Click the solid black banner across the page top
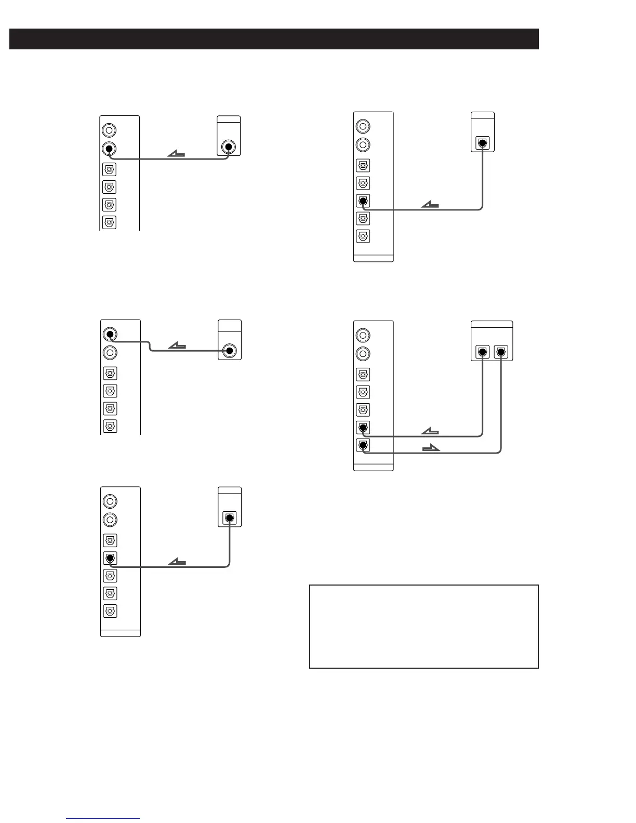coord(274,39)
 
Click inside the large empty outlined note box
coord(423,626)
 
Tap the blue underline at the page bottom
coord(103,818)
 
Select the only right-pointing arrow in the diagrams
coord(431,448)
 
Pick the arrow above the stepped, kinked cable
coord(178,346)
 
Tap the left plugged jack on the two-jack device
coord(483,352)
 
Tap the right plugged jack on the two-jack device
coord(501,352)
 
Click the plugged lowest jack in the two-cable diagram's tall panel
coord(363,445)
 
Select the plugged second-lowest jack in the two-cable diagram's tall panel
coord(363,428)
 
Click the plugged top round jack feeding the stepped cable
coord(109,334)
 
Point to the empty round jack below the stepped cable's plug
coord(109,353)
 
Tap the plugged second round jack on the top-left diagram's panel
coord(109,149)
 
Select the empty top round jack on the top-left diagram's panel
coord(109,130)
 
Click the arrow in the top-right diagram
coord(430,205)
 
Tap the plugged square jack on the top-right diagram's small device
coord(483,142)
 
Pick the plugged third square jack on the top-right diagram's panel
coord(363,201)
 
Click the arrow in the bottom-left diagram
coord(178,562)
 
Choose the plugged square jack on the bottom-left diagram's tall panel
coord(110,558)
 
